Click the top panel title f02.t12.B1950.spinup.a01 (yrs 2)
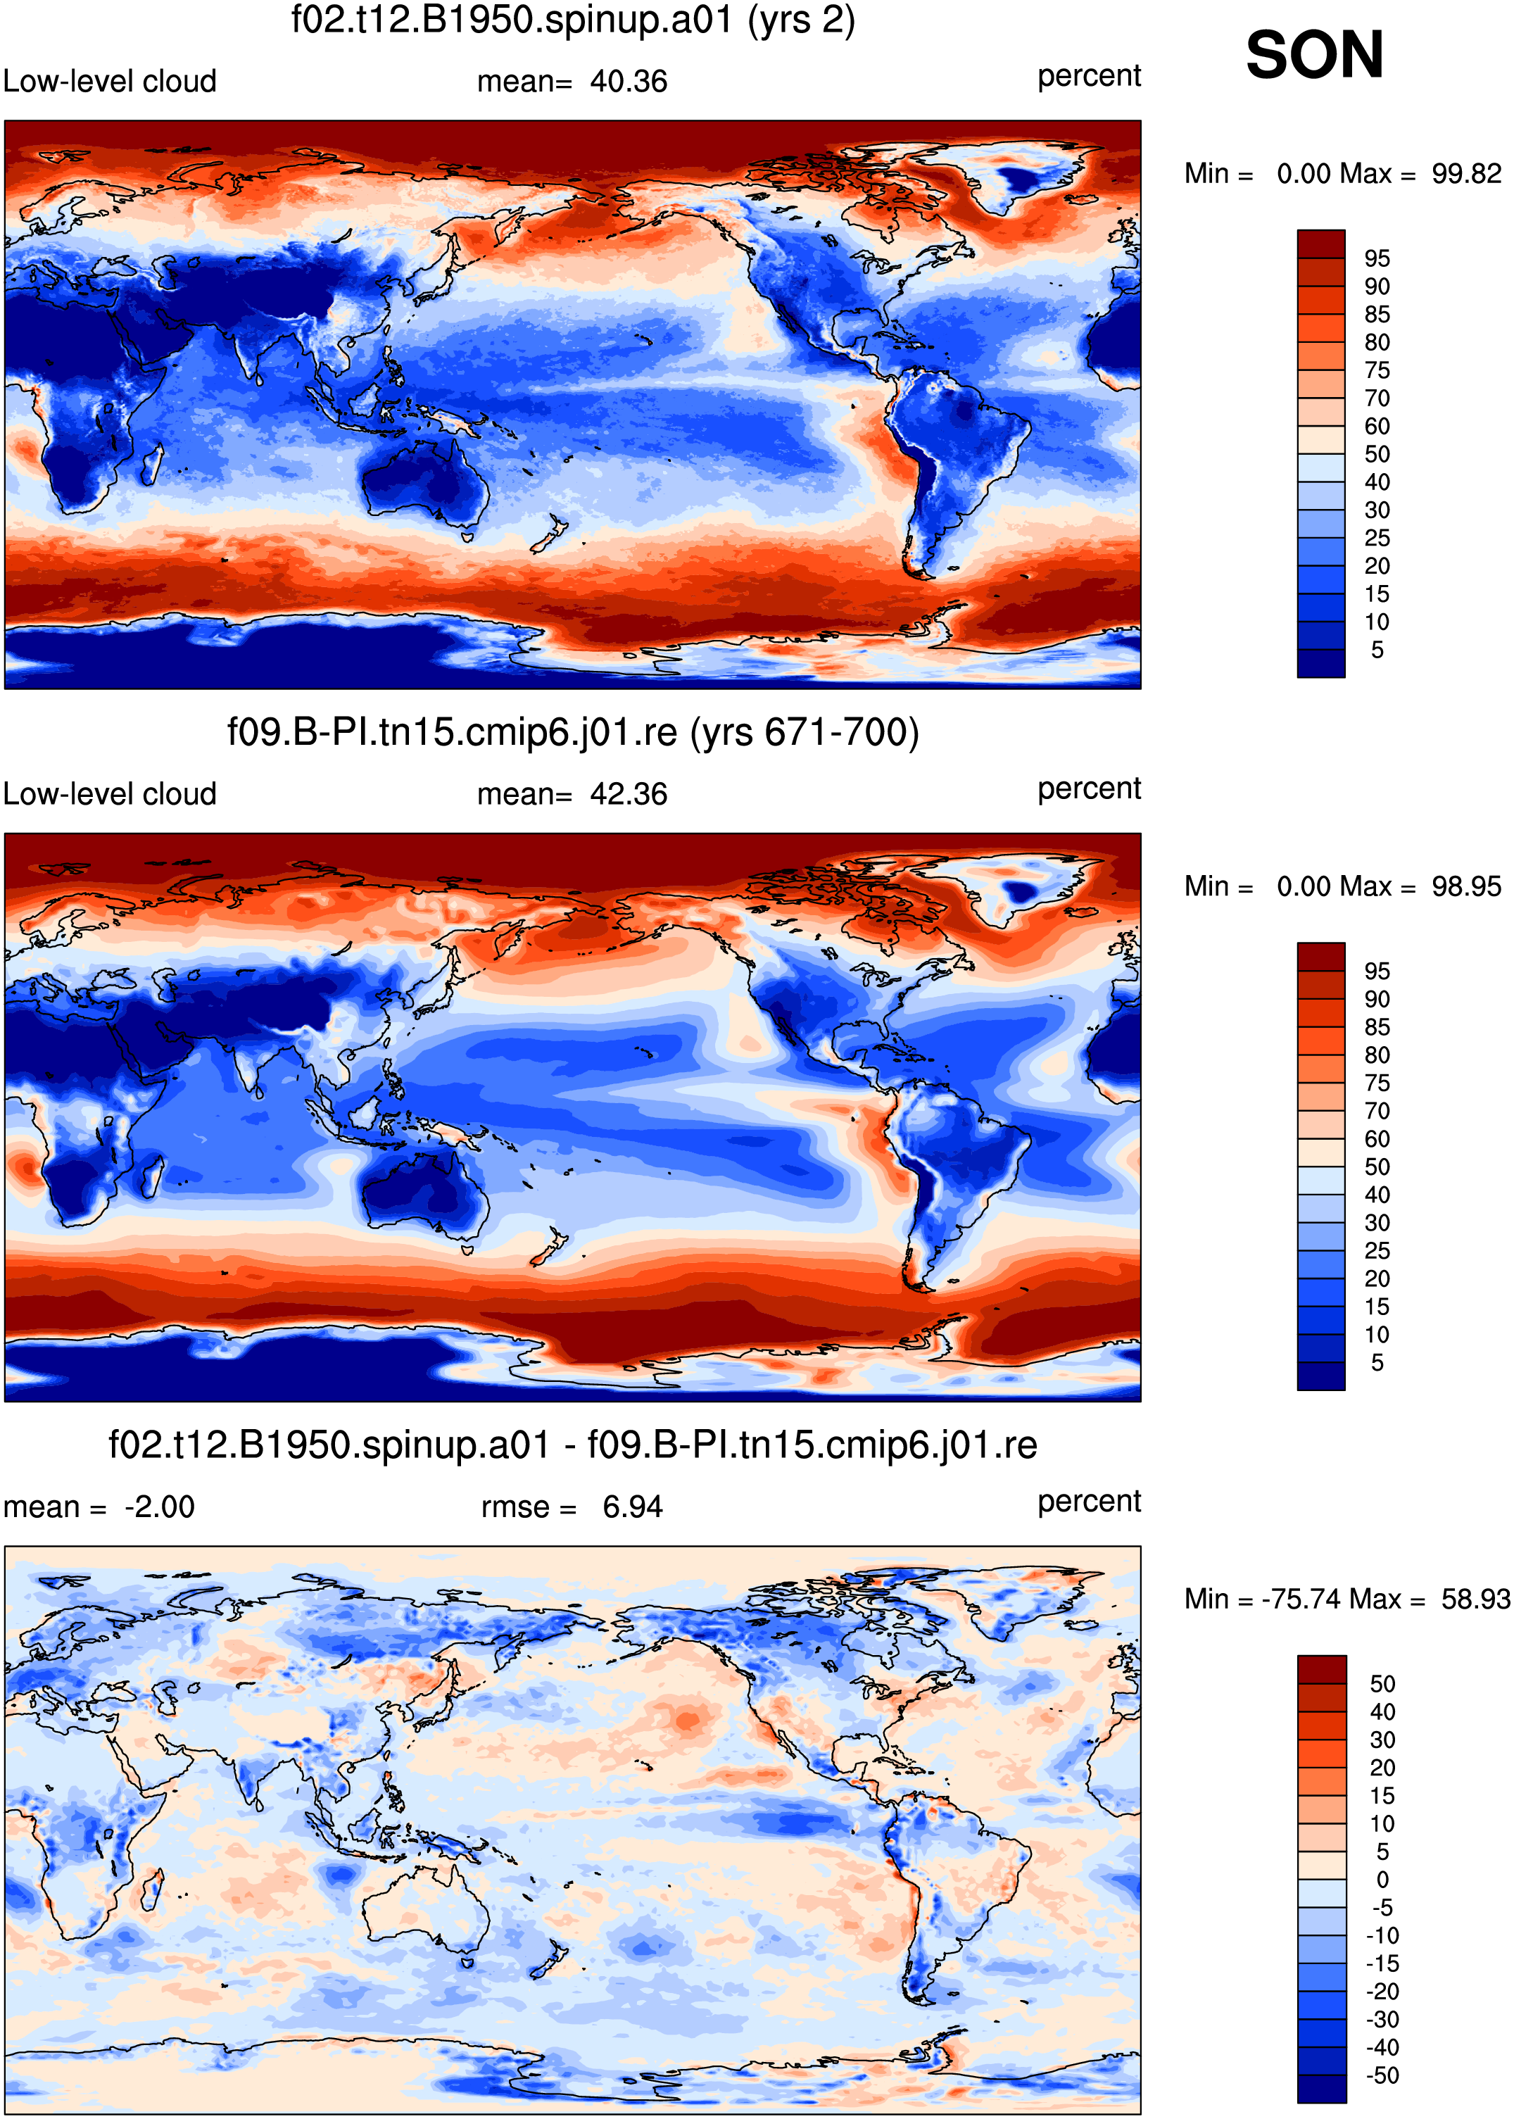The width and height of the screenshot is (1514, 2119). pyautogui.click(x=574, y=20)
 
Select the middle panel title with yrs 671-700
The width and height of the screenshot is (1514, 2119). pyautogui.click(x=574, y=732)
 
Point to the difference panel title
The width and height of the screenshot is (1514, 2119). pyautogui.click(x=574, y=1445)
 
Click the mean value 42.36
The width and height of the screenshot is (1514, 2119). pyautogui.click(x=629, y=794)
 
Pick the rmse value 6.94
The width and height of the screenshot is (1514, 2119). pyautogui.click(x=632, y=1507)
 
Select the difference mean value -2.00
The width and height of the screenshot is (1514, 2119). pyautogui.click(x=159, y=1507)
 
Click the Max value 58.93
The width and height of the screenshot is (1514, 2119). pyautogui.click(x=1476, y=1599)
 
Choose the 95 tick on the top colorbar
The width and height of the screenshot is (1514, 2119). pyautogui.click(x=1377, y=258)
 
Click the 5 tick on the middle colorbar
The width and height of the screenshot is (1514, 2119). pyautogui.click(x=1377, y=1363)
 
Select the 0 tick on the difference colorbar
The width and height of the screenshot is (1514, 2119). pyautogui.click(x=1382, y=1880)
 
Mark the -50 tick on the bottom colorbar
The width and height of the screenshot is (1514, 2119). pyautogui.click(x=1382, y=2075)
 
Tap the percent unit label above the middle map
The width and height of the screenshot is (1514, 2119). pyautogui.click(x=1089, y=788)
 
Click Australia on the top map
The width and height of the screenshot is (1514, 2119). pyautogui.click(x=424, y=480)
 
